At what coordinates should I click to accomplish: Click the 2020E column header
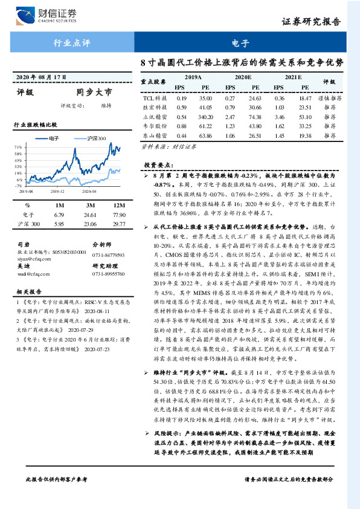point(242,78)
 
